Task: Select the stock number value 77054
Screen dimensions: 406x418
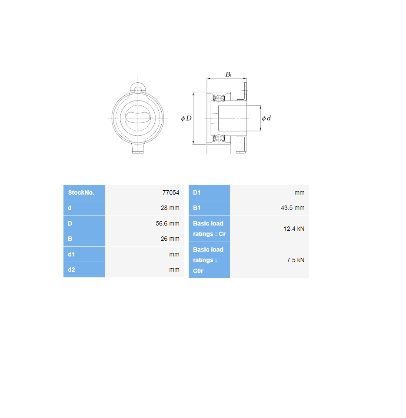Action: click(x=171, y=192)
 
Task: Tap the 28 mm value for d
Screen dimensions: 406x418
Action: click(x=170, y=208)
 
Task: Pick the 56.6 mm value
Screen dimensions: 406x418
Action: click(x=168, y=223)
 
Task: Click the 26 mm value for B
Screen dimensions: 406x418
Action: click(x=170, y=239)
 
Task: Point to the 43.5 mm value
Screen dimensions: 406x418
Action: click(x=293, y=208)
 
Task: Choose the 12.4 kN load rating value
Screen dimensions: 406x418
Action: click(x=294, y=229)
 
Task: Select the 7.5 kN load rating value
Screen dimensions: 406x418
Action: click(x=296, y=260)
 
